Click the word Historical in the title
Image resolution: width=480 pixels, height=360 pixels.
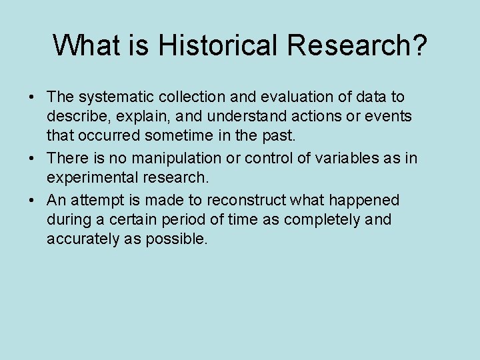217,45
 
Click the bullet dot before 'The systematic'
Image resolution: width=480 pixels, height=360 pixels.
32,98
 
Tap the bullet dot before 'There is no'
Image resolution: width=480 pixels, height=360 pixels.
32,159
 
